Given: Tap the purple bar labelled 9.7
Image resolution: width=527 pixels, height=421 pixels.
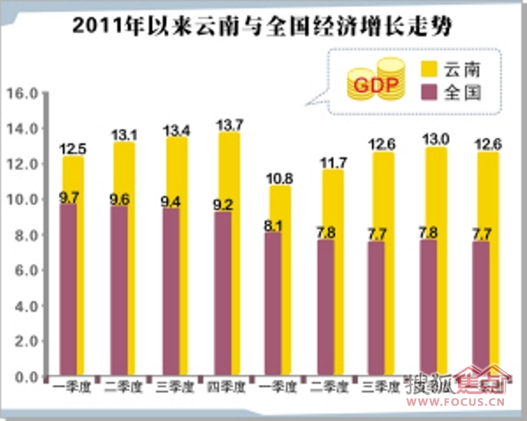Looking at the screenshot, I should [x=74, y=291].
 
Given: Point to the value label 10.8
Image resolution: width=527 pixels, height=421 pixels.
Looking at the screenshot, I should [x=280, y=178].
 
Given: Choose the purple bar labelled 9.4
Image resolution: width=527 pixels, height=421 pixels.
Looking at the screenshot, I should [x=176, y=295].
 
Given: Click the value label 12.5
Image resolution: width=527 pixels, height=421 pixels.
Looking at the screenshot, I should [x=74, y=148].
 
